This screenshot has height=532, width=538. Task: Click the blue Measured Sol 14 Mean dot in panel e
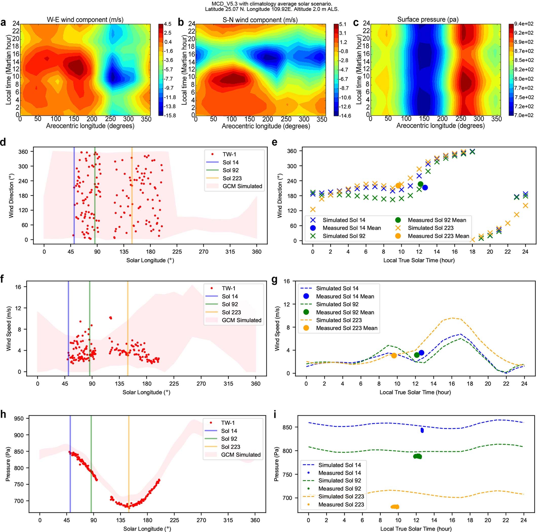click(425, 188)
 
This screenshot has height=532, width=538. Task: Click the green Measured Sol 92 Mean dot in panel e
click(421, 184)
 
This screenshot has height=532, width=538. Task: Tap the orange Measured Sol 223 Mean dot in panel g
click(394, 356)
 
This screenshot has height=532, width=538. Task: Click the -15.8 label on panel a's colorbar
click(170, 115)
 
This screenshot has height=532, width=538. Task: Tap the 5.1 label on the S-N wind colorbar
click(343, 24)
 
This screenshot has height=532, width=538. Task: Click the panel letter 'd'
click(3, 142)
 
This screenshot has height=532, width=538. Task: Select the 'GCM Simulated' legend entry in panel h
click(241, 455)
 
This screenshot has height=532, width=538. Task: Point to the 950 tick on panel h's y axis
click(19, 418)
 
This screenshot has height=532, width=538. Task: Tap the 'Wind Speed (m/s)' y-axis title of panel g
click(277, 328)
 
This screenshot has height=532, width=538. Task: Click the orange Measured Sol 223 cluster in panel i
click(395, 507)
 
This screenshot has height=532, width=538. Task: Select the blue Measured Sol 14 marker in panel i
click(422, 430)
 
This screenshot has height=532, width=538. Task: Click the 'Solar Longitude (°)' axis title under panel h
click(147, 528)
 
